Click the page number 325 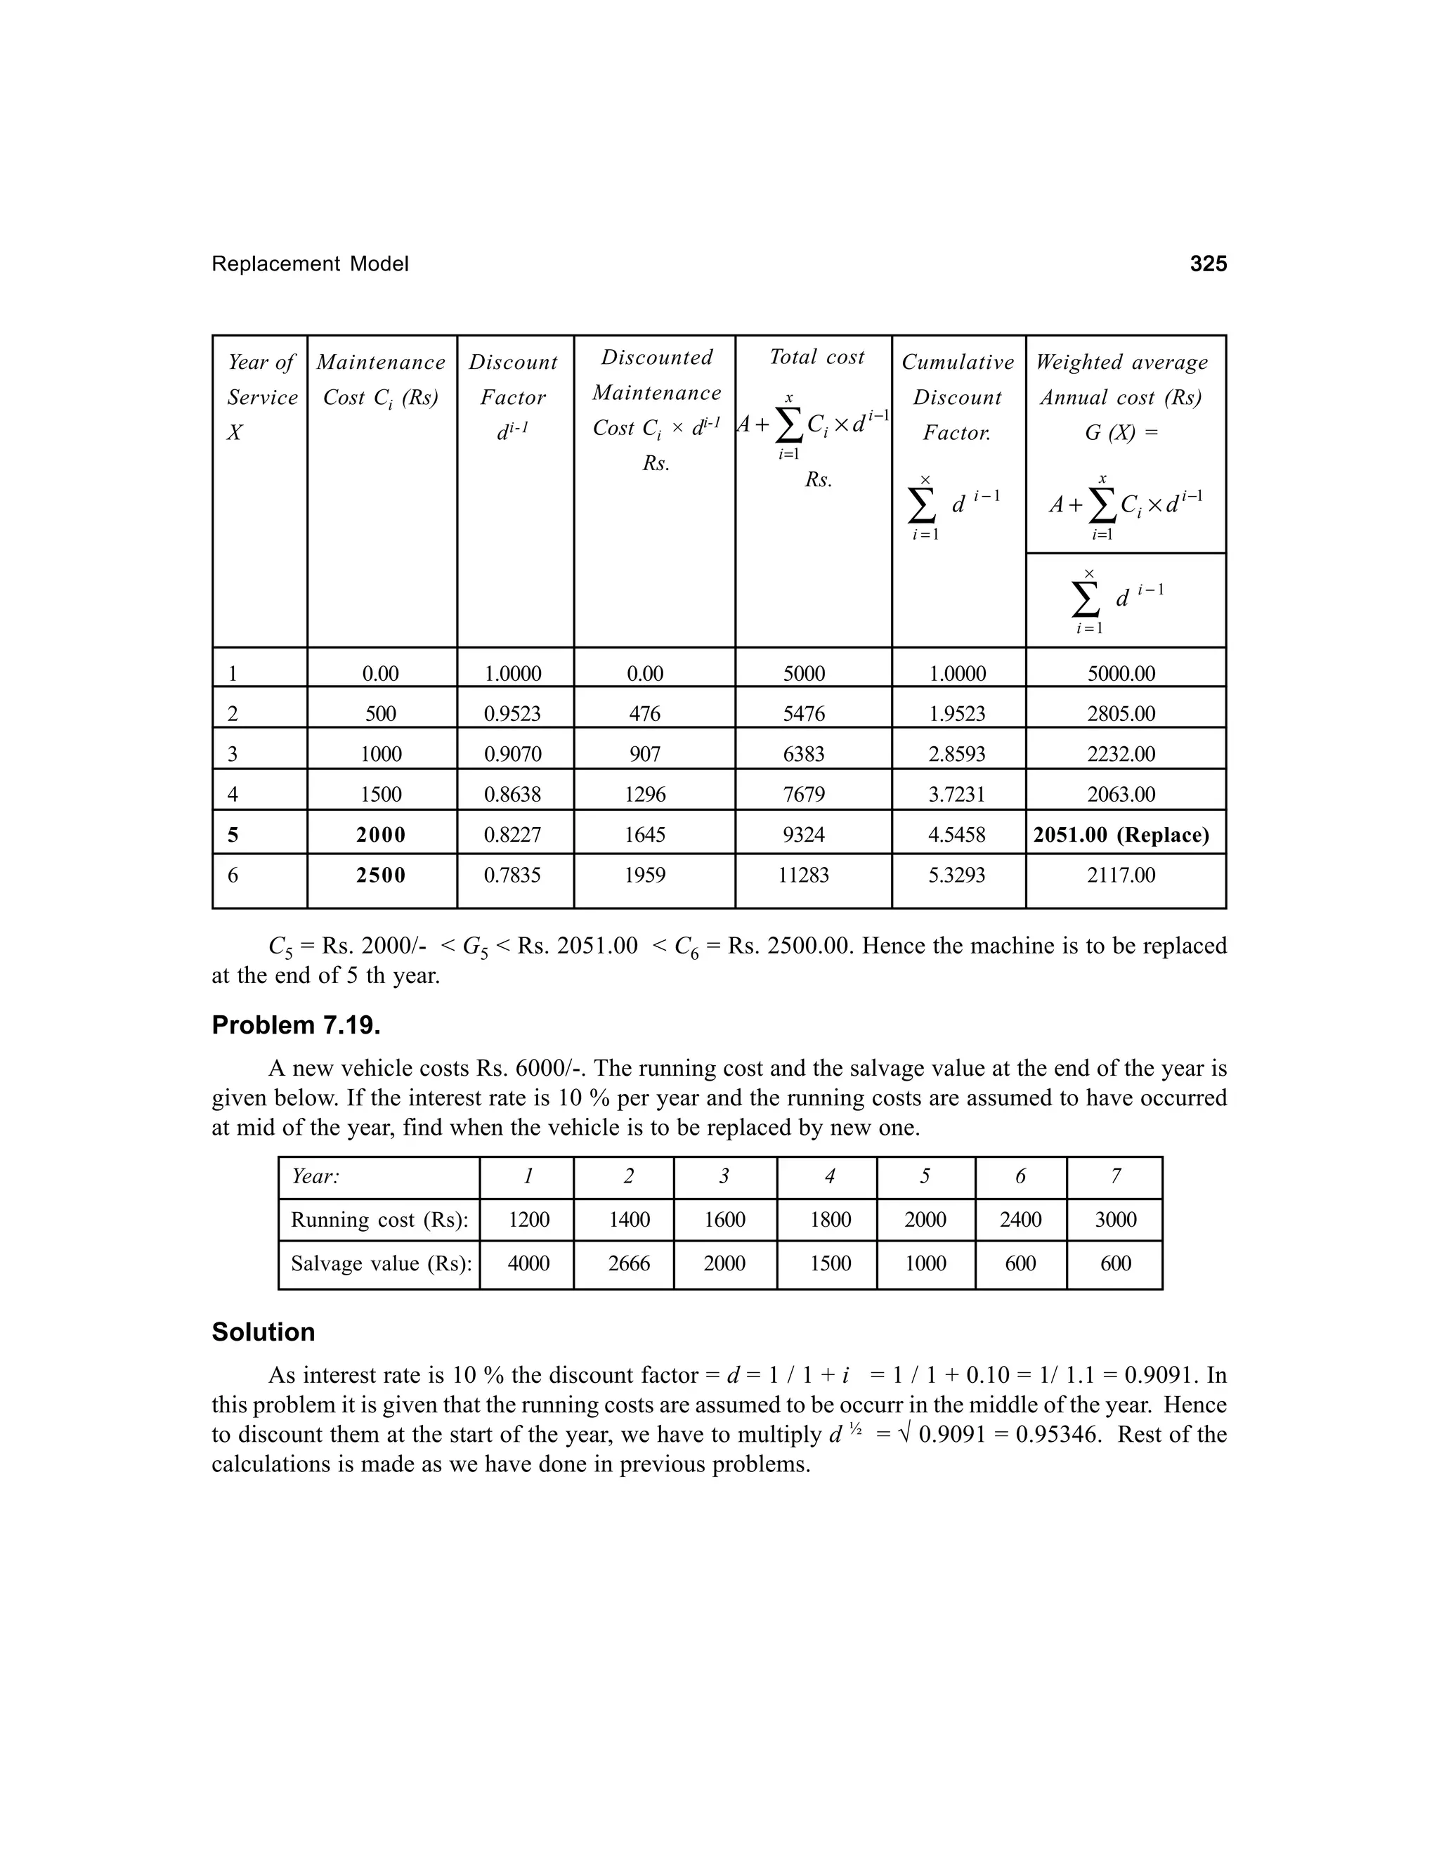(1208, 263)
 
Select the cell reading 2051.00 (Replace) (1121, 835)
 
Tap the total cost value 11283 (804, 875)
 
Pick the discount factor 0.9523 (512, 714)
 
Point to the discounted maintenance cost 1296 (644, 795)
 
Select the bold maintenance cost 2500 (380, 875)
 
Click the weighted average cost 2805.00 (1121, 714)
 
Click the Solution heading (263, 1332)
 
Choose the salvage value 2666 (629, 1263)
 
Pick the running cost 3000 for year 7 (1115, 1220)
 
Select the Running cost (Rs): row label (379, 1220)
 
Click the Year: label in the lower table (315, 1176)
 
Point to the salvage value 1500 (831, 1263)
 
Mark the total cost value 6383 (804, 754)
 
